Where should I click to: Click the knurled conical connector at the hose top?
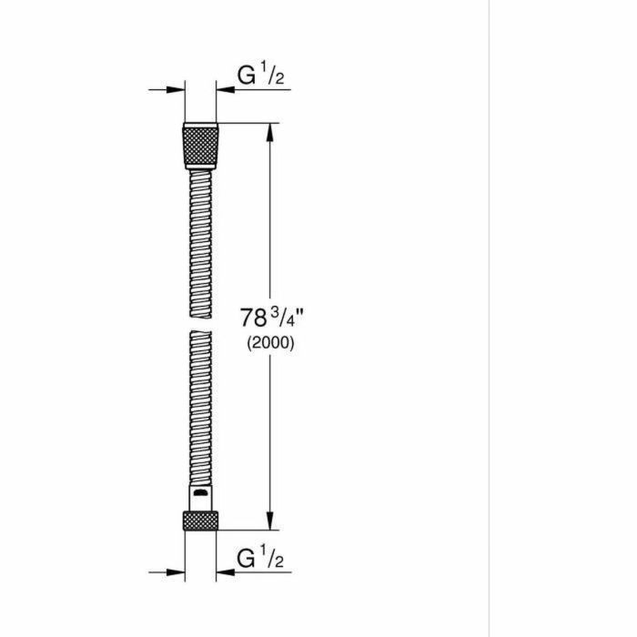tap(200, 146)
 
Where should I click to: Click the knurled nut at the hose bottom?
tap(200, 521)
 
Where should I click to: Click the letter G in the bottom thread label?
tap(244, 555)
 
